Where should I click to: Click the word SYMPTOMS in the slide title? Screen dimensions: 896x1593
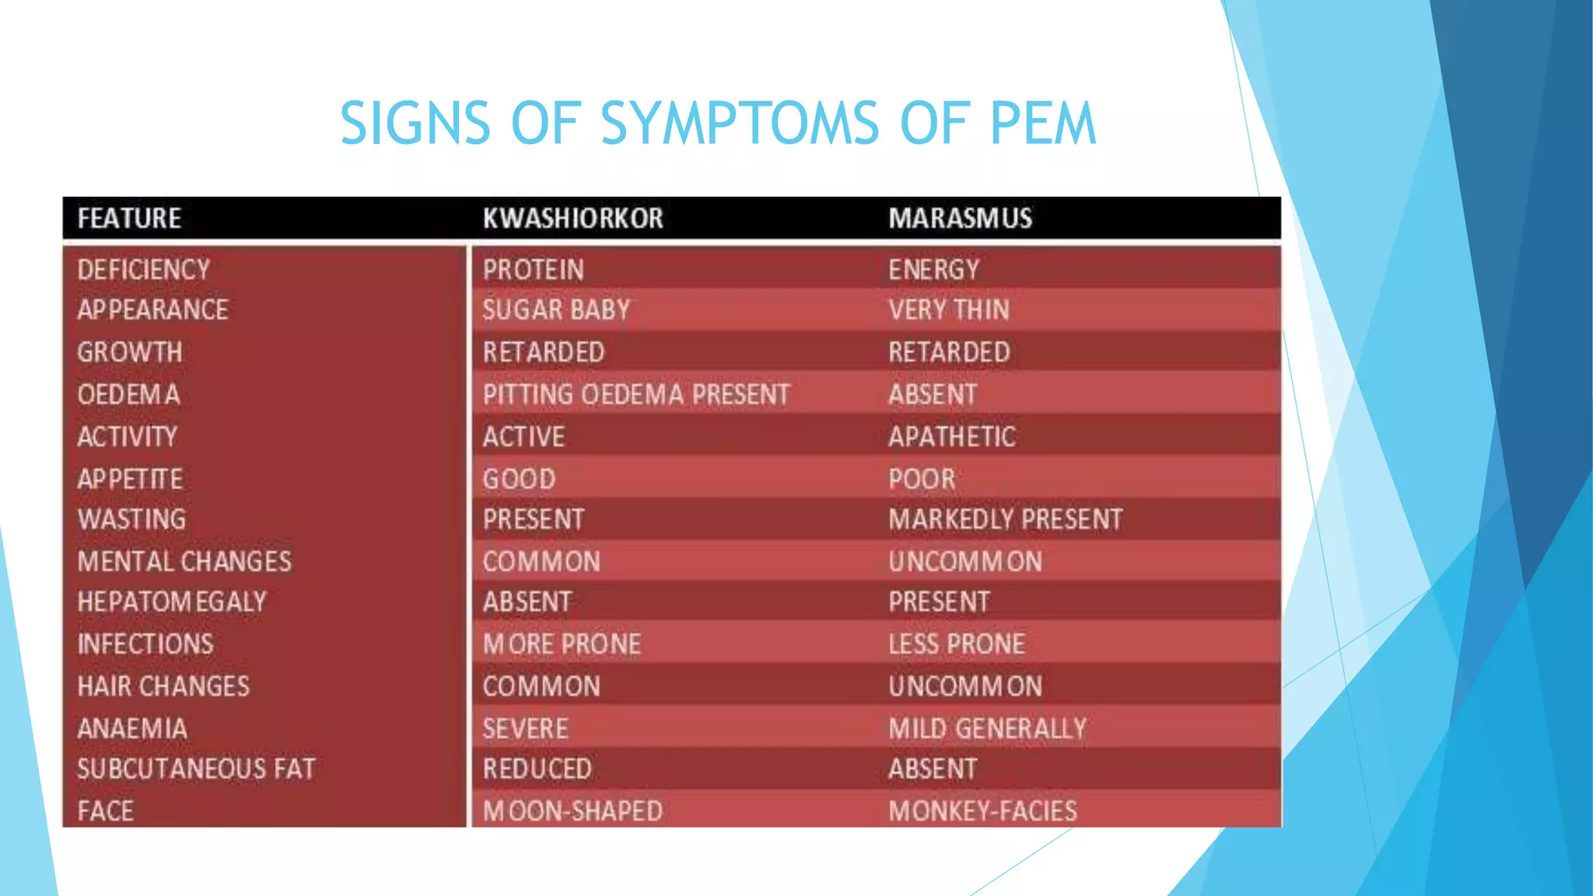tap(739, 123)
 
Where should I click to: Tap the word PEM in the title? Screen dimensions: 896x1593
tap(1042, 123)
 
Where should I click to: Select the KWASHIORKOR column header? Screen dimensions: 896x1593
tap(572, 219)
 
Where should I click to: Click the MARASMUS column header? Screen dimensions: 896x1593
tap(960, 219)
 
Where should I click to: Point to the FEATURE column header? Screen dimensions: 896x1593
tap(129, 219)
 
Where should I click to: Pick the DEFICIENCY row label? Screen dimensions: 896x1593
tap(144, 270)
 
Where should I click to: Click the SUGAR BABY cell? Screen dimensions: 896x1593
tap(556, 310)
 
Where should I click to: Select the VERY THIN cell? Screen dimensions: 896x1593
tap(949, 310)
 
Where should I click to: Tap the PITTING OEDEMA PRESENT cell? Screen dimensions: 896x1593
tap(635, 395)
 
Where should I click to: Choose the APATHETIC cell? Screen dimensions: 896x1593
tap(952, 437)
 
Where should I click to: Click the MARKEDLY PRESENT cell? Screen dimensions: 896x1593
tap(1005, 520)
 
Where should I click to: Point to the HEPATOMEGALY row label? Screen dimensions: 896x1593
tap(172, 602)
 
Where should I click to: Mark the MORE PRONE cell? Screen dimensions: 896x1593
tap(562, 644)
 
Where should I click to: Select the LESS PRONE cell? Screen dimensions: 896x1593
tap(957, 644)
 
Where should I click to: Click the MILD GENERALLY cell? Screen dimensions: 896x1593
tap(987, 729)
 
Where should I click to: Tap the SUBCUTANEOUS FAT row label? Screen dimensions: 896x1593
tap(196, 769)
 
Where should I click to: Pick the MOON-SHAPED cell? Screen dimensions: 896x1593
tap(572, 811)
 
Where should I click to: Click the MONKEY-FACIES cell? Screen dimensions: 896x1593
tap(982, 811)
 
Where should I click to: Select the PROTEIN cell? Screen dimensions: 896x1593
tap(533, 270)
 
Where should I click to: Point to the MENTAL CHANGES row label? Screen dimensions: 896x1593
tap(184, 562)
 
